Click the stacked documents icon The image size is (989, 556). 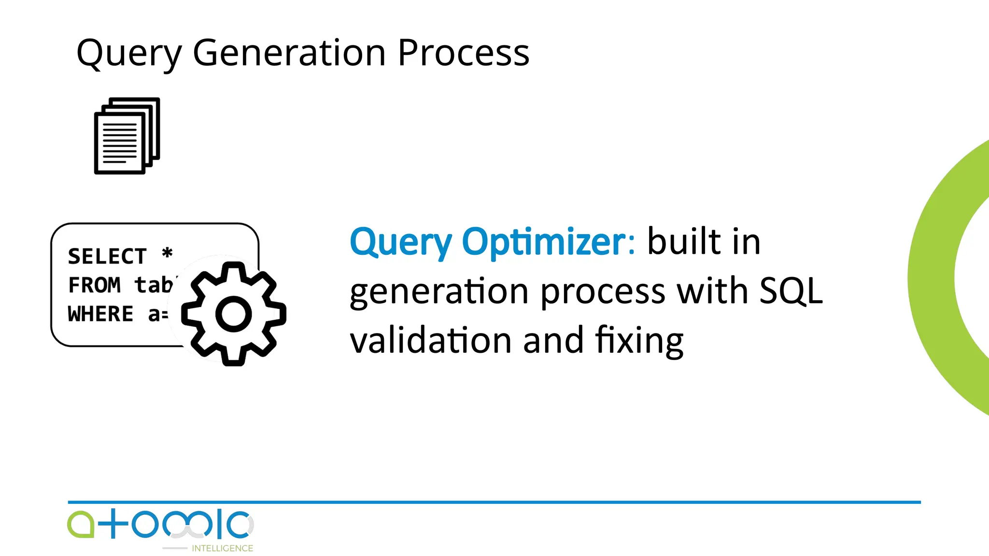tap(127, 136)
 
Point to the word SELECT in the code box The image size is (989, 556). tap(107, 256)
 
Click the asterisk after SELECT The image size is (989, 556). tap(167, 253)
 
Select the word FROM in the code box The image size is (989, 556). tap(94, 285)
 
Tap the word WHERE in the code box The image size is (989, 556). tap(100, 314)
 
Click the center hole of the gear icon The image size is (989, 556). tap(234, 314)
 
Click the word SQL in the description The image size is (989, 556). tap(791, 291)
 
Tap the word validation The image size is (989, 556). tap(430, 340)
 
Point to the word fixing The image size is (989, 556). tap(639, 340)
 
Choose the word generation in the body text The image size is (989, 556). tap(438, 291)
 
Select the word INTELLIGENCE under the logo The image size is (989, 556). tap(222, 548)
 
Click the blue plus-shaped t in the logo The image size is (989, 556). tap(113, 524)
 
